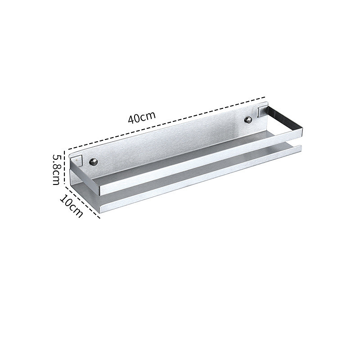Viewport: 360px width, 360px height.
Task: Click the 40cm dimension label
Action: coord(142,117)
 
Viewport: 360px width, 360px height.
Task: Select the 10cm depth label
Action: coord(71,206)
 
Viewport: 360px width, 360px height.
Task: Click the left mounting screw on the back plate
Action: coord(94,162)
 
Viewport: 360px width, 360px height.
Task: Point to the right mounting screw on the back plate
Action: coord(248,119)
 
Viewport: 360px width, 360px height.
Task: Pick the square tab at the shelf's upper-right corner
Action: coord(262,110)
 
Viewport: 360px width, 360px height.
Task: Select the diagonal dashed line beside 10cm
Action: coord(82,201)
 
